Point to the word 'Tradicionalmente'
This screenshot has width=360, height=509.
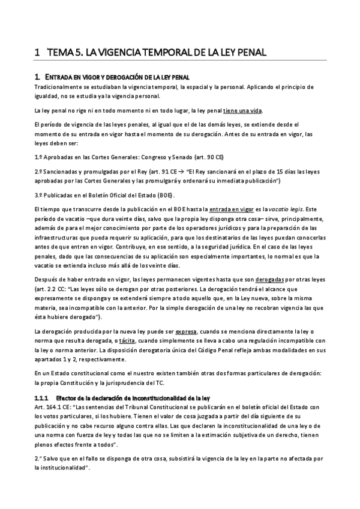click(55, 86)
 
